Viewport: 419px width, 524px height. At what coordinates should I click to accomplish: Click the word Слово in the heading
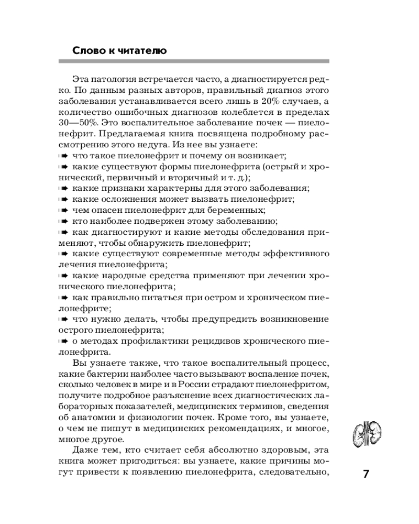(86, 51)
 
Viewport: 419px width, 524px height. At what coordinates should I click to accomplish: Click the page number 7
(366, 474)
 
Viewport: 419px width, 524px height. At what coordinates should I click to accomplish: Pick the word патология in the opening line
(115, 79)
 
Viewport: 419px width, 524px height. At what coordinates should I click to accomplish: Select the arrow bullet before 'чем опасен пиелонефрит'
(62, 210)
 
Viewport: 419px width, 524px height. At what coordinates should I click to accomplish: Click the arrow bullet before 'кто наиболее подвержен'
(62, 221)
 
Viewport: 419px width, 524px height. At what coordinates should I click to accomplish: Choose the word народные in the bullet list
(121, 276)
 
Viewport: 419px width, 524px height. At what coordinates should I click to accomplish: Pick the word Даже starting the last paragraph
(83, 451)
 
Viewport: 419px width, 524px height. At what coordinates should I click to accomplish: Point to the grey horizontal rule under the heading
(194, 62)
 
